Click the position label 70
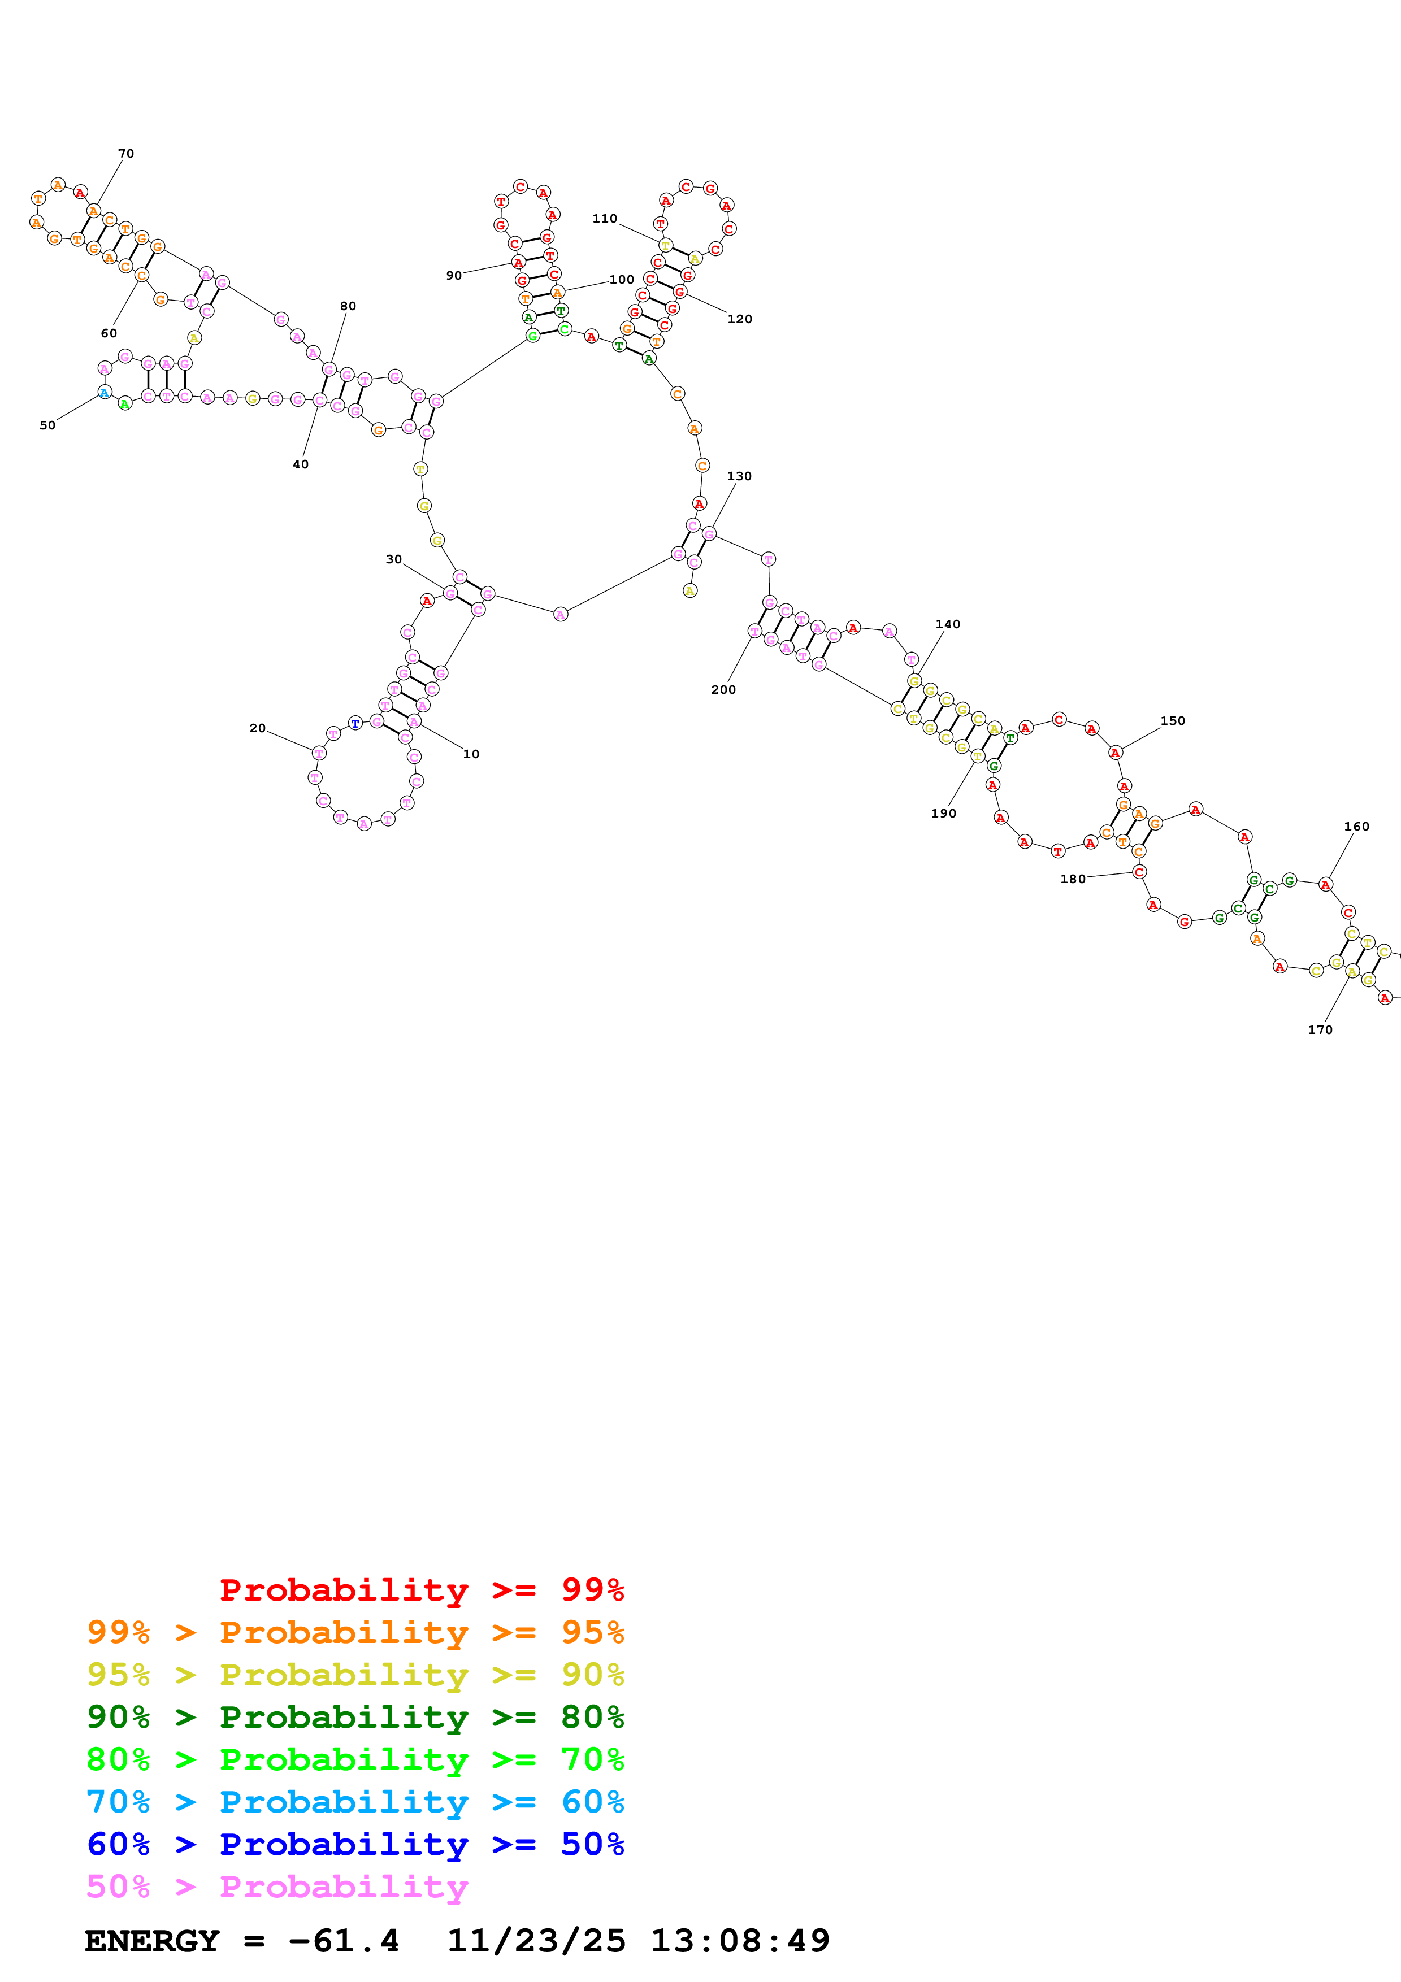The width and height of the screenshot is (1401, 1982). pyautogui.click(x=126, y=154)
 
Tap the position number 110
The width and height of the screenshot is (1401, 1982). pyautogui.click(x=604, y=219)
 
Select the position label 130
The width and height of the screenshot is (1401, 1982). pyautogui.click(x=739, y=476)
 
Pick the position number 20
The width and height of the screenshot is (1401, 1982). pyautogui.click(x=257, y=728)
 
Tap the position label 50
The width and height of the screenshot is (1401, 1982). pyautogui.click(x=47, y=425)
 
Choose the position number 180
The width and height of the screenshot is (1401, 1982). pyautogui.click(x=1073, y=879)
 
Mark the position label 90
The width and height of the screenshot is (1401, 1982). pyautogui.click(x=454, y=275)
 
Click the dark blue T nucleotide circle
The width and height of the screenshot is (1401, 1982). pyautogui.click(x=355, y=723)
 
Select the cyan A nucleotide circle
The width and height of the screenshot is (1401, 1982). pyautogui.click(x=105, y=393)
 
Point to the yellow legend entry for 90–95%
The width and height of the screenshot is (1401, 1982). pyautogui.click(x=355, y=1674)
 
